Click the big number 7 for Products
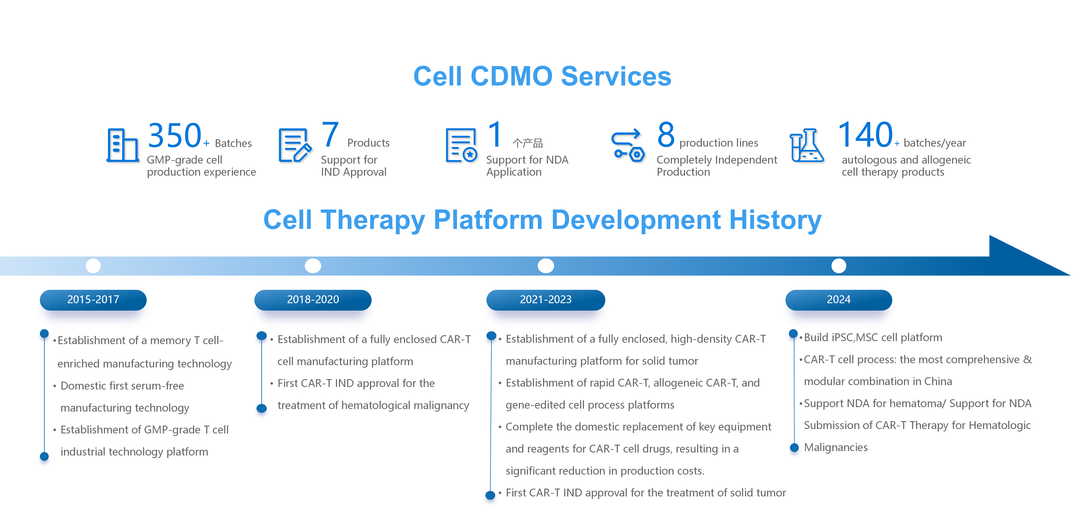point(330,135)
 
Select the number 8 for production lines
point(666,135)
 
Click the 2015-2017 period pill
point(93,300)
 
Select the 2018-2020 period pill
point(313,300)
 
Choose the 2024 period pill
point(838,300)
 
